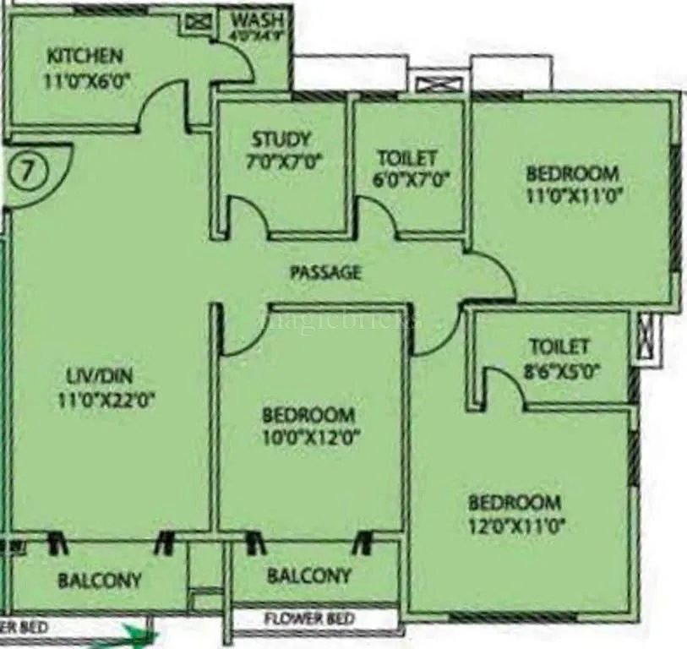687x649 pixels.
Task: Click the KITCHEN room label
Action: (85, 57)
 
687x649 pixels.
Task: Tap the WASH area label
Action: (259, 18)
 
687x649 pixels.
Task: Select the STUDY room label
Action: (281, 139)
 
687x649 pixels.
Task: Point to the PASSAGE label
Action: (325, 272)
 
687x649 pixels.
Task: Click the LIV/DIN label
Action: (100, 375)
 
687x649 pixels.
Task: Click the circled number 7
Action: (29, 171)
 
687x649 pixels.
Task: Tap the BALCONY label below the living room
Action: (100, 581)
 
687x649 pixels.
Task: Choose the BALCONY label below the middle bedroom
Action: (308, 576)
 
